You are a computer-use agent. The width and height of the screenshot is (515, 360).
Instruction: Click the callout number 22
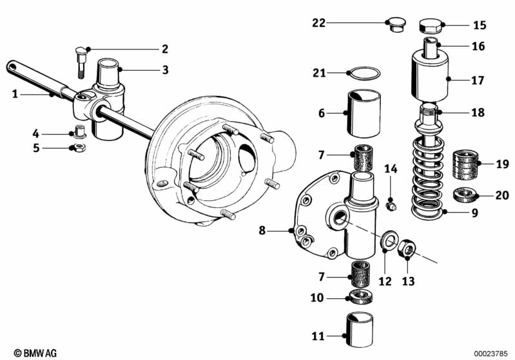point(318,23)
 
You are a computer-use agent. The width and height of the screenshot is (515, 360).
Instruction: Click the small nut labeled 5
point(77,148)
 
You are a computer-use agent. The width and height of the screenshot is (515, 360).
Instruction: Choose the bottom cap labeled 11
point(363,325)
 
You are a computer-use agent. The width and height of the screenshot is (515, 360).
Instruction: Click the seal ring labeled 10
point(363,297)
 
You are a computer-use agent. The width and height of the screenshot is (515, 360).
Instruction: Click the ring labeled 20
point(464,193)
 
